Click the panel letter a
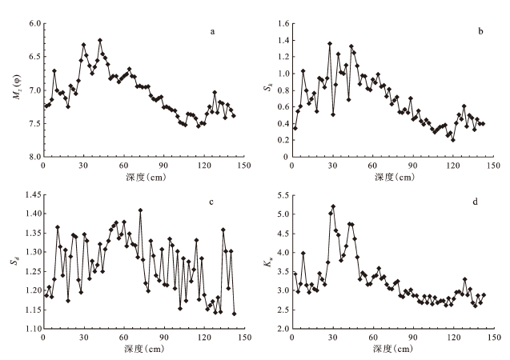tap(212, 32)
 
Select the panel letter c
tap(212, 202)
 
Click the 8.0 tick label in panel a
tap(32, 157)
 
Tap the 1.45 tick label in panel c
tap(30, 194)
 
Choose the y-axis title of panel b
tap(264, 90)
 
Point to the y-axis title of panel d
tap(264, 262)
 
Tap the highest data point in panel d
tap(332, 206)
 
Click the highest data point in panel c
tap(140, 210)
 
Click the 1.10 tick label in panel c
tap(30, 329)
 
